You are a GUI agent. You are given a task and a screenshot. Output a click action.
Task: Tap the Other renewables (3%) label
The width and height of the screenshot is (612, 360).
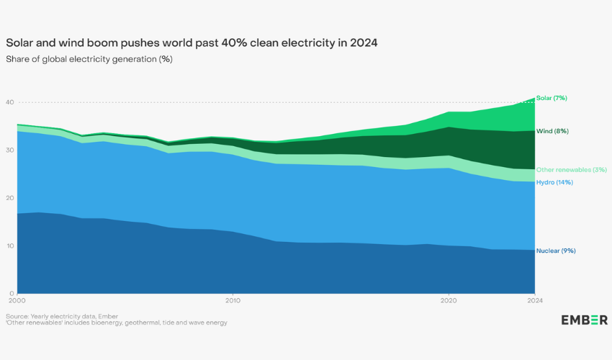coord(571,169)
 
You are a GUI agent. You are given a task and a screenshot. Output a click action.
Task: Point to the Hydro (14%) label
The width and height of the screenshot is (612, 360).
coord(554,182)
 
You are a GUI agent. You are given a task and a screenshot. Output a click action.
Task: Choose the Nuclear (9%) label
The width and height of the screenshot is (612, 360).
coord(556,251)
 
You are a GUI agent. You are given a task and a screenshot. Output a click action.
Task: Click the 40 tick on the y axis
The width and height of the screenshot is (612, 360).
coord(10,102)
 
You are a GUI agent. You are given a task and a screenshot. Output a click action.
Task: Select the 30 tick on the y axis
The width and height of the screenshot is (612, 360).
coord(10,150)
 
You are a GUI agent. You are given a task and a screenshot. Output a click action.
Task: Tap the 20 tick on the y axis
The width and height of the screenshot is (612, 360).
coord(10,198)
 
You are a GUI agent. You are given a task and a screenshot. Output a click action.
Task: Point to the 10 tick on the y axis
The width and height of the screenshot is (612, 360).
coord(10,246)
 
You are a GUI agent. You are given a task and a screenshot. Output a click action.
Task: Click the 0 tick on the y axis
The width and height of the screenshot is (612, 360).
coord(12,294)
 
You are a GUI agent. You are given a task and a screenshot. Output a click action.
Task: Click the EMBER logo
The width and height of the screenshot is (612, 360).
coord(584,320)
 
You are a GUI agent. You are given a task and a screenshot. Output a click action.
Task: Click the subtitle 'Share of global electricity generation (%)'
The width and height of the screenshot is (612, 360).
coord(89,58)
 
